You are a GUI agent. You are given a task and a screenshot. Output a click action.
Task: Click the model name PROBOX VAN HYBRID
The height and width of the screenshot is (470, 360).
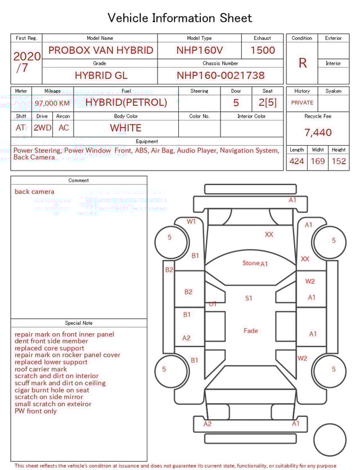pyautogui.click(x=101, y=50)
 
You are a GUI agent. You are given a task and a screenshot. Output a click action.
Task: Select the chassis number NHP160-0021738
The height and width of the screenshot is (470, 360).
pyautogui.click(x=220, y=75)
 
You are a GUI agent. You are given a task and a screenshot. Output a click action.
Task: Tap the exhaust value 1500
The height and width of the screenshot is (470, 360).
pyautogui.click(x=263, y=50)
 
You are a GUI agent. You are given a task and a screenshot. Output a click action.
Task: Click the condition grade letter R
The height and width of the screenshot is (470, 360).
pyautogui.click(x=302, y=63)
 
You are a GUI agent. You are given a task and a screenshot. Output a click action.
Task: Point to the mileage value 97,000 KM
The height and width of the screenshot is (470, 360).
pyautogui.click(x=52, y=104)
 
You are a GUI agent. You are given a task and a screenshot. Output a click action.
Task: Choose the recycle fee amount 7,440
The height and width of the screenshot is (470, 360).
pyautogui.click(x=318, y=132)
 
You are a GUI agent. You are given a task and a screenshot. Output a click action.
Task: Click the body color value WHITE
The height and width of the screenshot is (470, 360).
pyautogui.click(x=125, y=128)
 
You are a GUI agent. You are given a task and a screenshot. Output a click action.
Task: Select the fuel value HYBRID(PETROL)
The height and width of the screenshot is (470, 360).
pyautogui.click(x=126, y=102)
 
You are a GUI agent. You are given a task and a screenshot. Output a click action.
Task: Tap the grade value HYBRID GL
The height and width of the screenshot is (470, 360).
pyautogui.click(x=101, y=75)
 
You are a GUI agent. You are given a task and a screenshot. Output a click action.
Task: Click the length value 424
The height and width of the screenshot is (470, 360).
pyautogui.click(x=296, y=161)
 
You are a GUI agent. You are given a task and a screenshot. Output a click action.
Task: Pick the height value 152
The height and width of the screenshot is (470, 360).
pyautogui.click(x=339, y=161)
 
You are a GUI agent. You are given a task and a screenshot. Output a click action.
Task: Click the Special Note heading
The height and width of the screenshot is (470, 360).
pyautogui.click(x=79, y=323)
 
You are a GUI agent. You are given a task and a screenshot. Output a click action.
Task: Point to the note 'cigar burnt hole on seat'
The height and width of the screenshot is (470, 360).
pyautogui.click(x=52, y=390)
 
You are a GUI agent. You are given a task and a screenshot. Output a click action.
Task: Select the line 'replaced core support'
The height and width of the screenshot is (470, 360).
pyautogui.click(x=49, y=348)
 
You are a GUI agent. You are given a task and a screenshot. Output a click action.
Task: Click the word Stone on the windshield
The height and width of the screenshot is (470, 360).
pyautogui.click(x=251, y=263)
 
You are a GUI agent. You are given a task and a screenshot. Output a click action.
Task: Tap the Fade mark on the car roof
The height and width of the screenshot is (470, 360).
pyautogui.click(x=251, y=330)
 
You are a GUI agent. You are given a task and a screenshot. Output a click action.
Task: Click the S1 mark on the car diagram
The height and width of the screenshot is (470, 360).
pyautogui.click(x=249, y=298)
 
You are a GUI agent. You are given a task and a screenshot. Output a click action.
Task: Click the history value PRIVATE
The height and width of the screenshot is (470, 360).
pyautogui.click(x=302, y=102)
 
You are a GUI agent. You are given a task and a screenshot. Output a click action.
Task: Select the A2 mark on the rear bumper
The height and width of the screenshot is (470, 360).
pyautogui.click(x=208, y=424)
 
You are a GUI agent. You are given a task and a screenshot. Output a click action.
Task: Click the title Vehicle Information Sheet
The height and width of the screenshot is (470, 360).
pyautogui.click(x=180, y=18)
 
